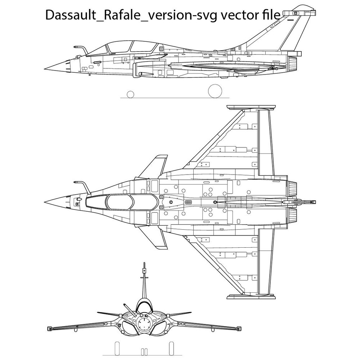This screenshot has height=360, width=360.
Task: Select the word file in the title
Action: click(x=269, y=15)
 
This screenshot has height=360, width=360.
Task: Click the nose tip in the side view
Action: click(x=45, y=69)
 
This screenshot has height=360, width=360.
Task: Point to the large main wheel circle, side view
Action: click(x=215, y=91)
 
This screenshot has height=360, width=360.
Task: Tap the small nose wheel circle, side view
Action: click(x=131, y=94)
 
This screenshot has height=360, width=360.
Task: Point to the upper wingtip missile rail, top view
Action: click(x=252, y=108)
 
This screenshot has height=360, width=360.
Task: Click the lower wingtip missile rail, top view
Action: click(x=252, y=296)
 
